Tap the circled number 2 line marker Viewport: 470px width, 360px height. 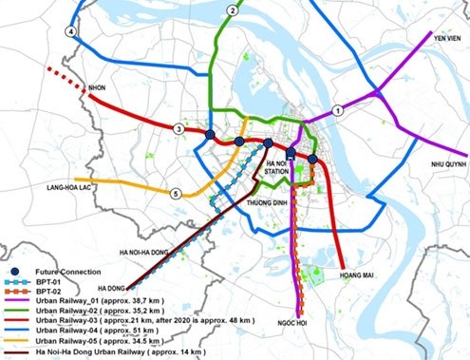point(232,10)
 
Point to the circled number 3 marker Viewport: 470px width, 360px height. point(178,128)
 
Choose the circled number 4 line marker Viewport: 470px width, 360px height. point(69,31)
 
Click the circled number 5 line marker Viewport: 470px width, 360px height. point(175,194)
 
